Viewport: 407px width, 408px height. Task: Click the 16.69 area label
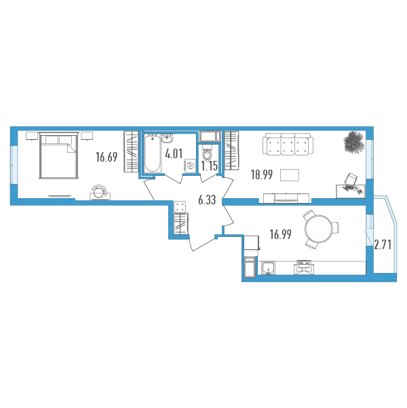106,157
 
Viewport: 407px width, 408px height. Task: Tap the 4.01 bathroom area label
174,154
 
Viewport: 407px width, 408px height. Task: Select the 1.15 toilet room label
210,166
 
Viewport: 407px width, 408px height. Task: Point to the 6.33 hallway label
207,200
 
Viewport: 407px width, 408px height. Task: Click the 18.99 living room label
262,174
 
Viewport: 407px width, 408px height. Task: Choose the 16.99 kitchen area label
281,234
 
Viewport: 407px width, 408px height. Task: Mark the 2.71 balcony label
383,245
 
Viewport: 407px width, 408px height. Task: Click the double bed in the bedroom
59,155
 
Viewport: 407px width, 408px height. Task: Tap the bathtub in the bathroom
153,153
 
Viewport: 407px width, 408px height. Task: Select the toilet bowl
207,153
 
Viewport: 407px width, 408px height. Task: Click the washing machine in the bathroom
189,166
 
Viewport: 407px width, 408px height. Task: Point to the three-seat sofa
288,145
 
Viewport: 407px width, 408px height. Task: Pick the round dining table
318,229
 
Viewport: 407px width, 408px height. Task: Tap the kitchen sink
268,267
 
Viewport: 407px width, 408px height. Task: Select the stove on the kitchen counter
304,267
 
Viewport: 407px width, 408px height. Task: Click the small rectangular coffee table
290,175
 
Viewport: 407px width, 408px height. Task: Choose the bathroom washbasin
167,138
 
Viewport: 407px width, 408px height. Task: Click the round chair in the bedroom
100,193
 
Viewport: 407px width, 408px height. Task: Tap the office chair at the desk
351,179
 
